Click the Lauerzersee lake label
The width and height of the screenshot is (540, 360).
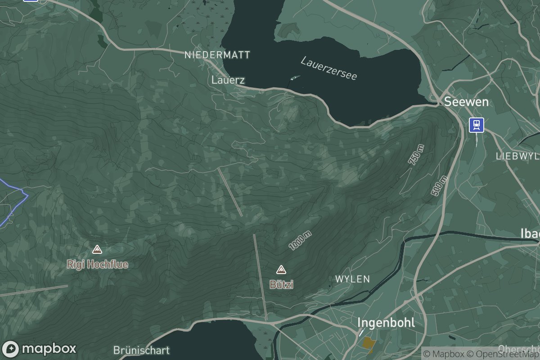329,68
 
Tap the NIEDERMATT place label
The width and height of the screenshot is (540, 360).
217,55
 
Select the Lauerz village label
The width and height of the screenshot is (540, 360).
228,80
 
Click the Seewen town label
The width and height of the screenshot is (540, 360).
466,102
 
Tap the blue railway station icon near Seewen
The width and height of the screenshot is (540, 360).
476,125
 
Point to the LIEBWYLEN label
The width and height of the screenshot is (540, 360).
517,156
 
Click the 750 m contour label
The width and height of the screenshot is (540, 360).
416,155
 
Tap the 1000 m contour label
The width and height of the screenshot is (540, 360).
300,241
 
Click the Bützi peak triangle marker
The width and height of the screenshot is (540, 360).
281,270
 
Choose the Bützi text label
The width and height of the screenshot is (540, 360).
281,284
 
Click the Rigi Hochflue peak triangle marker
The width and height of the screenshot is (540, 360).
97,249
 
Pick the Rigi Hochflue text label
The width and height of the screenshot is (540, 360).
97,264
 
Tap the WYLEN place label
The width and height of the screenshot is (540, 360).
352,279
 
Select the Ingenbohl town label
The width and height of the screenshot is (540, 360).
386,323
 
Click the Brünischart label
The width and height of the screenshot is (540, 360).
141,350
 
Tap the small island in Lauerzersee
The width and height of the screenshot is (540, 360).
295,77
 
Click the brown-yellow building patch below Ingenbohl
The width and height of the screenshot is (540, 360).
369,343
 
